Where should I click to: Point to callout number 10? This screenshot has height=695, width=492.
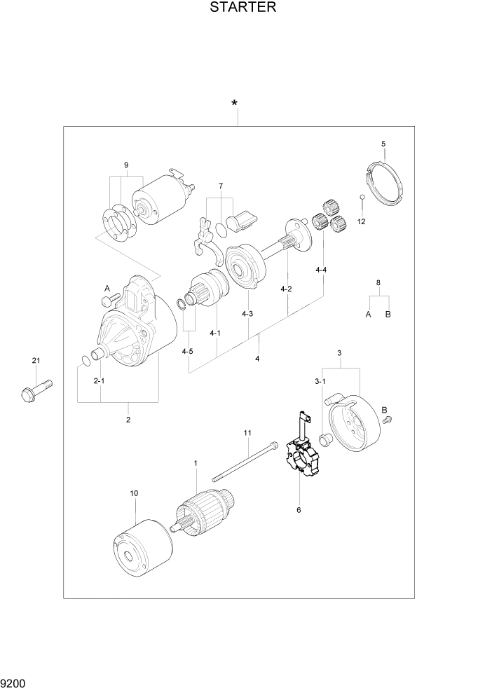[134, 493]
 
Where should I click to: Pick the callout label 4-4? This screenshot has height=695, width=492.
[321, 270]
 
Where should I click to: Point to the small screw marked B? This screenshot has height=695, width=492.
[388, 420]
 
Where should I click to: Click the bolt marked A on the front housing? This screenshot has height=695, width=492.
[107, 301]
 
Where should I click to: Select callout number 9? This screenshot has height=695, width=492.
[126, 165]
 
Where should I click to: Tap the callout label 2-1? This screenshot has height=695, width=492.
[99, 380]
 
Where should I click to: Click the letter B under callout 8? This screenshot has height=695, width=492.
[388, 315]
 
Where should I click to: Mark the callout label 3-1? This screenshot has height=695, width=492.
[320, 381]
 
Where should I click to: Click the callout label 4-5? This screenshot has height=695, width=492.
[187, 351]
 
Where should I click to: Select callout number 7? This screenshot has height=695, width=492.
[220, 186]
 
